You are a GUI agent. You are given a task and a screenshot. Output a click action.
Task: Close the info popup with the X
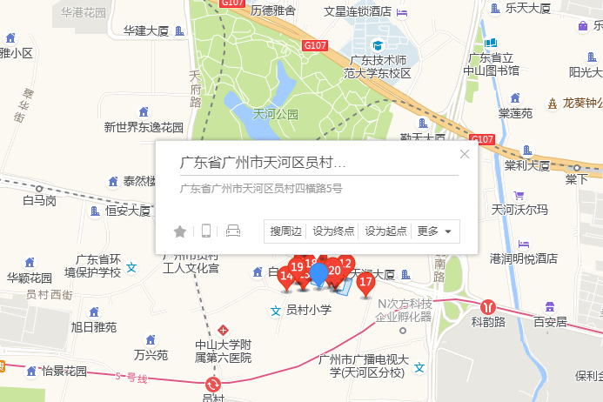pyautogui.click(x=465, y=154)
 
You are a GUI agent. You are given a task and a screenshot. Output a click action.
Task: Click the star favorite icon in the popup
pyautogui.click(x=180, y=231)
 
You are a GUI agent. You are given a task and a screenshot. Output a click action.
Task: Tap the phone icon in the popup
pyautogui.click(x=206, y=231)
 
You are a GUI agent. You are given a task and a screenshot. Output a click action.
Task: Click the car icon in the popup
pyautogui.click(x=232, y=231)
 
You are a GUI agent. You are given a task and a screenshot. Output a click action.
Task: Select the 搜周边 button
pyautogui.click(x=285, y=231)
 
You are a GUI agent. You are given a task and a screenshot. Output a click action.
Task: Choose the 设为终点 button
pyautogui.click(x=334, y=231)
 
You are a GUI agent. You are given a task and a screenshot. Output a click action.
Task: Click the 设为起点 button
pyautogui.click(x=386, y=231)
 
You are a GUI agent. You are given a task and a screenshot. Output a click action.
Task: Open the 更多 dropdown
pyautogui.click(x=435, y=231)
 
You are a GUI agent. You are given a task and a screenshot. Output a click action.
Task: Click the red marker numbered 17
pyautogui.click(x=366, y=282)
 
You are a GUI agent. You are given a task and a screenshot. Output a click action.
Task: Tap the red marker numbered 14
pyautogui.click(x=286, y=278)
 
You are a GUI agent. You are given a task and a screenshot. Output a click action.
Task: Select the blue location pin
pyautogui.click(x=319, y=274)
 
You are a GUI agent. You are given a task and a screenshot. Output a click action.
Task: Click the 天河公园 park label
pyautogui.click(x=275, y=114)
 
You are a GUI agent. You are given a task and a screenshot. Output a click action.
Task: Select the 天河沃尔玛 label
pyautogui.click(x=519, y=210)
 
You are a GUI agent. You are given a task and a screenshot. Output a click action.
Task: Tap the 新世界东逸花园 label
pyautogui.click(x=144, y=127)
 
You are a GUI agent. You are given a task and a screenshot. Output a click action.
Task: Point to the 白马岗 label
pyautogui.click(x=39, y=201)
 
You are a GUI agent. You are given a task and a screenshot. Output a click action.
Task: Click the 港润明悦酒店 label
pyautogui.click(x=523, y=258)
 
